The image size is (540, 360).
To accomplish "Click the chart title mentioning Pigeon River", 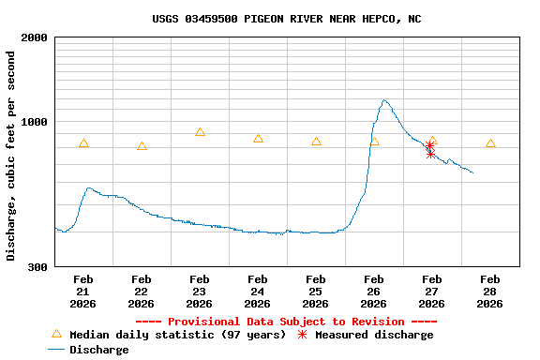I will [x=287, y=19].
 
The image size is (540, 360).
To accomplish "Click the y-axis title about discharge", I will [x=11, y=156].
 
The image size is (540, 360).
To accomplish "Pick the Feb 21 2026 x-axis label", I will [x=83, y=292].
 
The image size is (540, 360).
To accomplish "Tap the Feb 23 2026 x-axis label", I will [x=200, y=292].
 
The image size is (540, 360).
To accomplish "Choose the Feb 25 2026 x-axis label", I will [x=316, y=292].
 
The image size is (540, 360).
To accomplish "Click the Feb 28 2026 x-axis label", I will [x=490, y=292].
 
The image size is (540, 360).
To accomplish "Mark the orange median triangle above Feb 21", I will [x=83, y=143].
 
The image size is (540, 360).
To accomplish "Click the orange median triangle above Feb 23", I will [x=200, y=132].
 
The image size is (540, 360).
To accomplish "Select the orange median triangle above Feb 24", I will [x=258, y=139].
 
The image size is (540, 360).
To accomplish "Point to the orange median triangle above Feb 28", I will [x=490, y=143].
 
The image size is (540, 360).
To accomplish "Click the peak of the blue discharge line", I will [x=384, y=100].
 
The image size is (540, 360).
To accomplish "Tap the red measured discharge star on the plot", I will [x=429, y=149].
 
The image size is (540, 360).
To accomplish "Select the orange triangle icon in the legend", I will [x=56, y=334].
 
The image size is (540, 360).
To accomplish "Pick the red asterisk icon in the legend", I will [x=302, y=335].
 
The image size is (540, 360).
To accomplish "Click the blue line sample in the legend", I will [x=56, y=350].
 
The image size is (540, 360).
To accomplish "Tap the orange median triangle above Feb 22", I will [x=142, y=146].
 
